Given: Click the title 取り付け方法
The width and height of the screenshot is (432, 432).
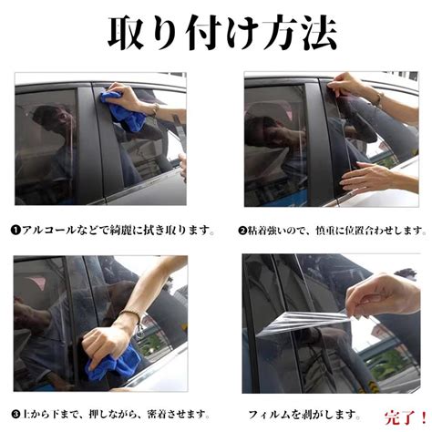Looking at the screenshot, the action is [222, 33].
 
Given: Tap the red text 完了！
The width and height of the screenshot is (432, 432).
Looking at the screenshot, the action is [406, 417].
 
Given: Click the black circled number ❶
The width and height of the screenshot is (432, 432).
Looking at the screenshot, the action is [15, 230].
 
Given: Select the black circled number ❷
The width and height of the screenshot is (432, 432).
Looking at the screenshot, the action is [242, 231].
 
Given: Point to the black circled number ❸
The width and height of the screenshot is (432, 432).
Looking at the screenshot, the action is [15, 414].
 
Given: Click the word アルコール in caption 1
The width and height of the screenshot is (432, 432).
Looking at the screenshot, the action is [48, 230].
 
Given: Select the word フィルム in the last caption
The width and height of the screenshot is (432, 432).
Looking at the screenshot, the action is [266, 415].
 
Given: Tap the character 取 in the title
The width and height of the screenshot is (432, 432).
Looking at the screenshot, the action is [127, 33].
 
